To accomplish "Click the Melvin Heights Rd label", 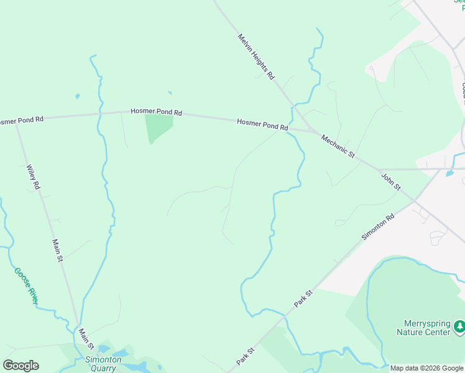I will tap(256, 57).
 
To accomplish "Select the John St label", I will tap(391, 182).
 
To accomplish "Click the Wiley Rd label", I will tap(34, 177).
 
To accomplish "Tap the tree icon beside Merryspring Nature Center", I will tap(459, 325).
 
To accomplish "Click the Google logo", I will tap(21, 366).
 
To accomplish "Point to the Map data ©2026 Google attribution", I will tap(426, 368).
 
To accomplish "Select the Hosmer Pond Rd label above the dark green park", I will tap(156, 112).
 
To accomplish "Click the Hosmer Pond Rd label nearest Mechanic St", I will tap(262, 124).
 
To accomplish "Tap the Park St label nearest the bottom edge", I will tap(245, 356).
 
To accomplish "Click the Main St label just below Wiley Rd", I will tap(58, 251).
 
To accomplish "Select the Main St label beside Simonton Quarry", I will tap(86, 339).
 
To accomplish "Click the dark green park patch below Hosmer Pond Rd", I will tap(158, 126).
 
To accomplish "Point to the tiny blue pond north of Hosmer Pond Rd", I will tap(77, 96).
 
